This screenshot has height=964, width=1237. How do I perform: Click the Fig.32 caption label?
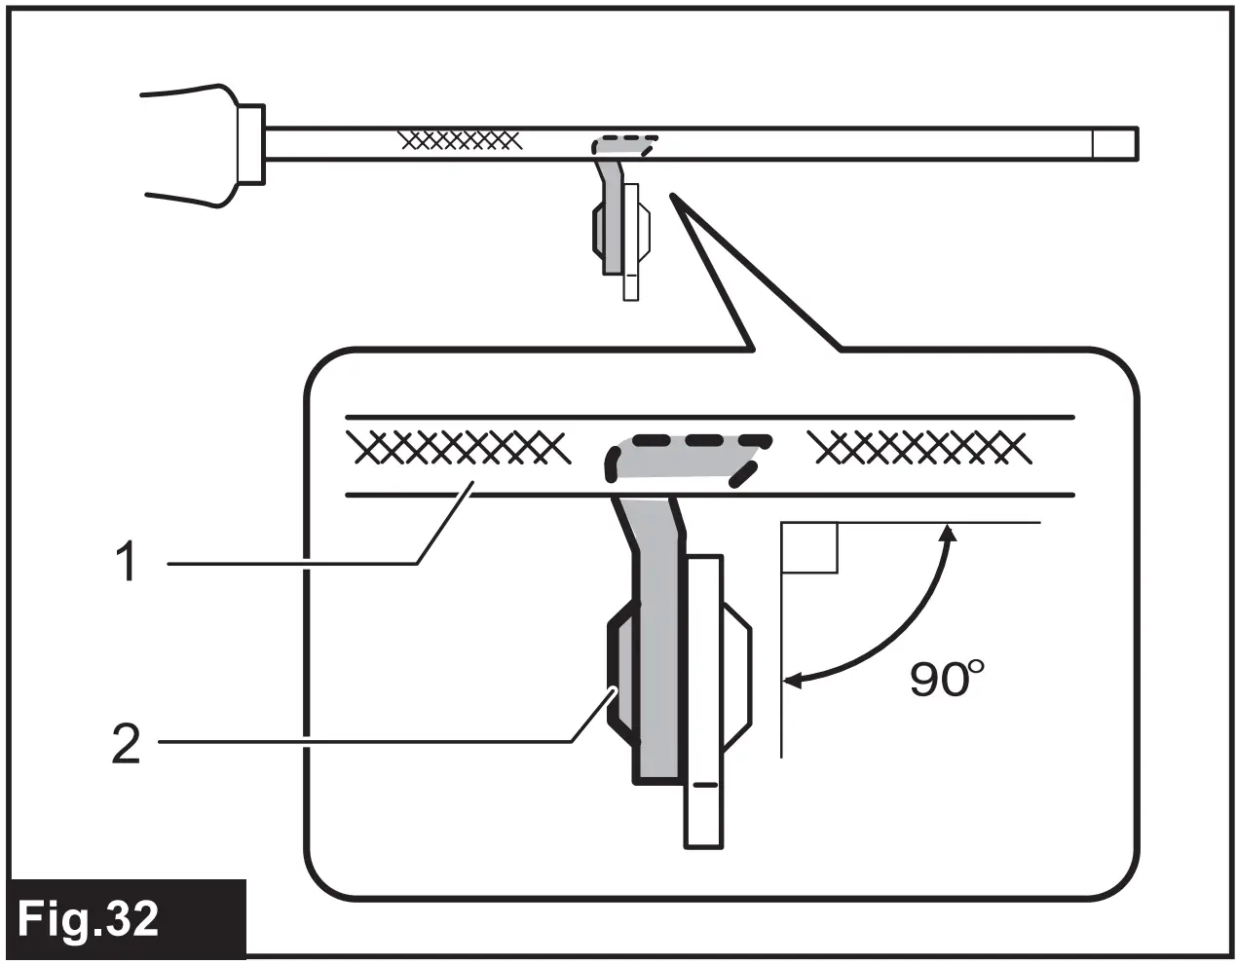89,919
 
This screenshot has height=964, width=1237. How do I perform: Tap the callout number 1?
126,563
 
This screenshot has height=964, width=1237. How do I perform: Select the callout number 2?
126,745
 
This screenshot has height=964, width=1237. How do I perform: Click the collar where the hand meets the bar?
249,143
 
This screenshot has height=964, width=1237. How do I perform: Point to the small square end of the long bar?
1113,143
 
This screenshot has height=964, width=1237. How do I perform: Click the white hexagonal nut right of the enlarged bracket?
735,672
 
